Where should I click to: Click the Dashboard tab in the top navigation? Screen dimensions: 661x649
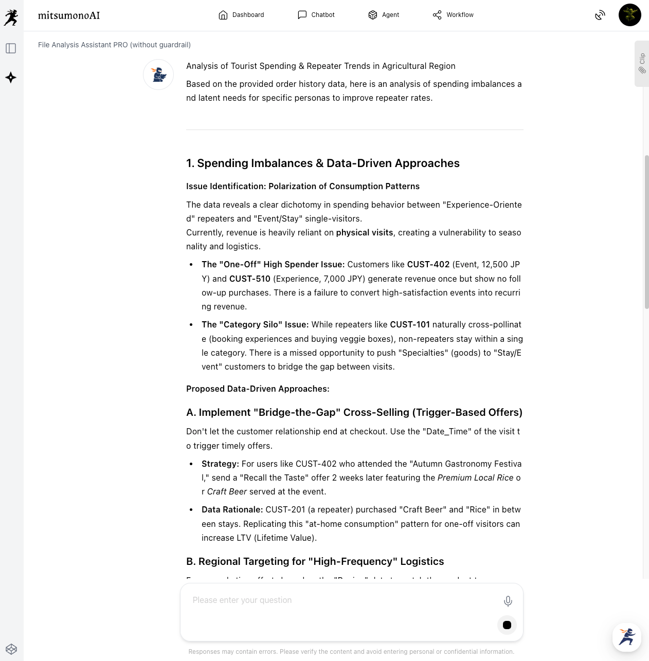[241, 15]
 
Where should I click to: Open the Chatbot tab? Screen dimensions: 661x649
[316, 15]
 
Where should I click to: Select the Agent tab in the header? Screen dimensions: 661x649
[384, 15]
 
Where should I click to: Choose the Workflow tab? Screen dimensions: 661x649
[453, 15]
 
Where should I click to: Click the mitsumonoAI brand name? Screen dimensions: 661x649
[69, 15]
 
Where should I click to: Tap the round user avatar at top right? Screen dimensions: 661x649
[629, 15]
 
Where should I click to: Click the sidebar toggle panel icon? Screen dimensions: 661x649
[11, 48]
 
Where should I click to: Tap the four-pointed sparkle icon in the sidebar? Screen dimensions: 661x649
[11, 78]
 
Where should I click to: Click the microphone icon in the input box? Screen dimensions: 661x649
[508, 601]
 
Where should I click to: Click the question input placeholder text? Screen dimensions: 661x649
[242, 600]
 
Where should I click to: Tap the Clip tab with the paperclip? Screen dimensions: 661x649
[642, 63]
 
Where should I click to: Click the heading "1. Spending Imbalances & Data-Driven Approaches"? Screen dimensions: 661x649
[322, 163]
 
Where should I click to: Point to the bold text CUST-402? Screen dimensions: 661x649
[428, 265]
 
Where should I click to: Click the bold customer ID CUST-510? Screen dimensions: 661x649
[249, 279]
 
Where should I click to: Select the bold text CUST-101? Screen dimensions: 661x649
[409, 325]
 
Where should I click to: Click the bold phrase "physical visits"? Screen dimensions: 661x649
[364, 233]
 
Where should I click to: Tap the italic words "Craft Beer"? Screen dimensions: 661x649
[227, 492]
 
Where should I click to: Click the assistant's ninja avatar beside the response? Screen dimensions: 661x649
[158, 75]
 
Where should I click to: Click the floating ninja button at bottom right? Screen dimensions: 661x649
[626, 637]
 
